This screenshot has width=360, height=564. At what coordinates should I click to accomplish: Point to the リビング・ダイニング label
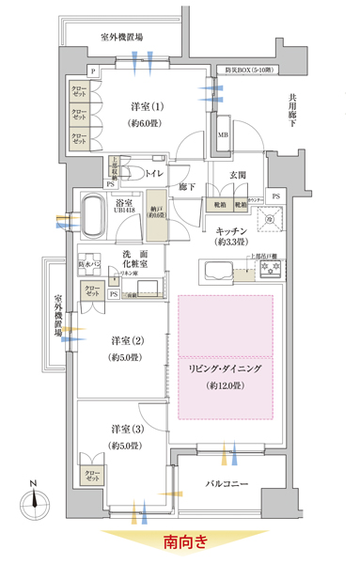pos(226,370)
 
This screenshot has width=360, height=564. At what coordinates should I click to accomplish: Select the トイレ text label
pos(178,174)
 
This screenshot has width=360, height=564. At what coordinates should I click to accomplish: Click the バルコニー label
pos(233,484)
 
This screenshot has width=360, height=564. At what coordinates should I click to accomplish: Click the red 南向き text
pos(184,542)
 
